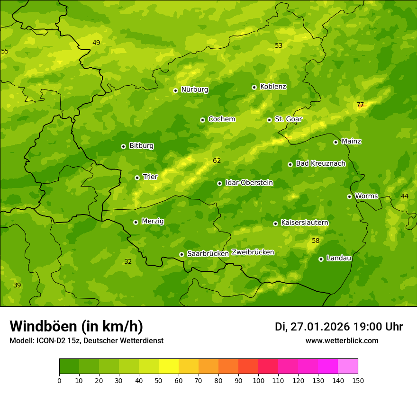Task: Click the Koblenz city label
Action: point(273,87)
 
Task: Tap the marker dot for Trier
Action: point(137,178)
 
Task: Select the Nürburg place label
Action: point(194,89)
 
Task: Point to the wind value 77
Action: point(360,105)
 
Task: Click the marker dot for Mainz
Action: point(335,142)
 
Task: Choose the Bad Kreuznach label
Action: point(320,163)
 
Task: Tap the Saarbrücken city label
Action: point(208,254)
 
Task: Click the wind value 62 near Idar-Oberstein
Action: point(217,161)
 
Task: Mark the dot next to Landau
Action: point(321,259)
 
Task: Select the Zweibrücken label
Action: point(253,252)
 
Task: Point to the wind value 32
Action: point(128,262)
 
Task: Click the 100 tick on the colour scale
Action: point(258,380)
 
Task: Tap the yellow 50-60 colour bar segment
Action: point(169,366)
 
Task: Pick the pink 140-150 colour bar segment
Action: point(348,366)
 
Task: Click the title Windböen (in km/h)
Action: point(76,326)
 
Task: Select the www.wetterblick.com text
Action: point(342,341)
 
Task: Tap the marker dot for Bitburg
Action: point(123,146)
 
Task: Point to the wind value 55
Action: point(5,51)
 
